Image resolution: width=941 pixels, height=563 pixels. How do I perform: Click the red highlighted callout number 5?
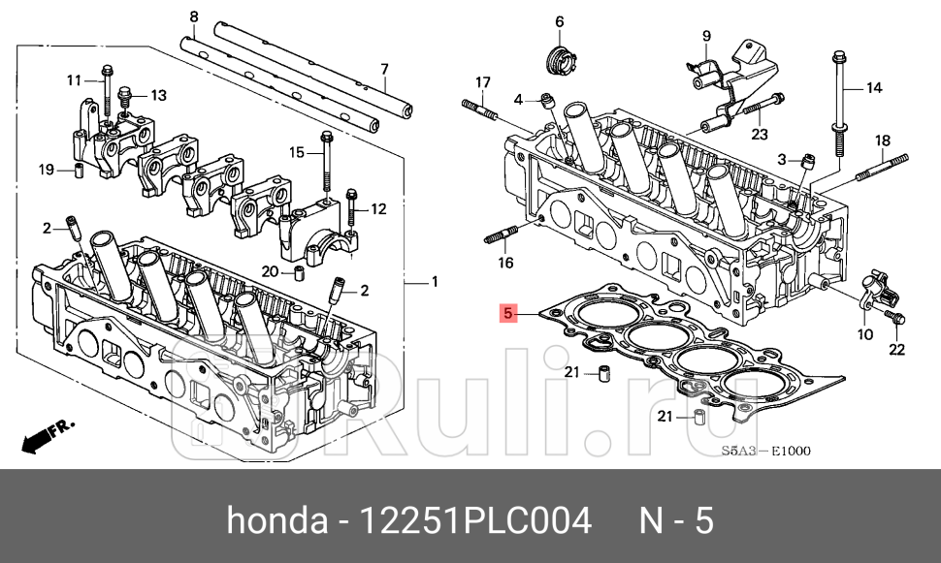coord(505,313)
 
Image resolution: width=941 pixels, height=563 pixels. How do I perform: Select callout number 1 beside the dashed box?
coord(435,282)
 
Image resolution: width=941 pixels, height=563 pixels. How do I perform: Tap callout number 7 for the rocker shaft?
coord(384,69)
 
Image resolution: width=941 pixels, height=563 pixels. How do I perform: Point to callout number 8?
coord(194,16)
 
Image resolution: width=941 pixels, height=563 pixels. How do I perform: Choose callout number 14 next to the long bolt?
coord(873,88)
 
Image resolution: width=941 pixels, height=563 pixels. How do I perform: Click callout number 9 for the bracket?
coord(706,37)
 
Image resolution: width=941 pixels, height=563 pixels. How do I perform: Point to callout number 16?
coord(506,263)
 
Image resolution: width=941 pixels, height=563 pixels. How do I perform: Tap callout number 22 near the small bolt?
coord(897,349)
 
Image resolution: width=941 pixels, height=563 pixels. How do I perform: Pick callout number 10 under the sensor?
coord(864,334)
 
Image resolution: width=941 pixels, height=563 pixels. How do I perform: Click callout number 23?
coord(759,135)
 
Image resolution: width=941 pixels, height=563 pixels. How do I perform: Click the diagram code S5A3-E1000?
coord(765,451)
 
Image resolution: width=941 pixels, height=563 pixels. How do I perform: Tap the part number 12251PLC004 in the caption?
coord(475,522)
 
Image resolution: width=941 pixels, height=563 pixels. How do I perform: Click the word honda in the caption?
coord(276,522)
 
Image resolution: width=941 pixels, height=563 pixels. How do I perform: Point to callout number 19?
coord(46,171)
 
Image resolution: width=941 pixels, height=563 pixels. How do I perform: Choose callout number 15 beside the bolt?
coord(297,152)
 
